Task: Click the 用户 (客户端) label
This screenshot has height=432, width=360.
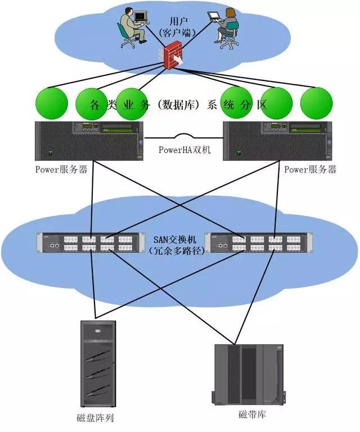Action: (x=175, y=24)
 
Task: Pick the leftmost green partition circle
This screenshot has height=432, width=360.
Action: (x=52, y=103)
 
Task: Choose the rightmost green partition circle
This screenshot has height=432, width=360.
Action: (x=316, y=103)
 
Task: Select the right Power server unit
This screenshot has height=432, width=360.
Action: (x=274, y=141)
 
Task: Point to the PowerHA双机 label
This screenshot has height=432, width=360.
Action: (x=180, y=150)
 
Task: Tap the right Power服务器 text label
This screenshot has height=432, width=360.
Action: (x=310, y=169)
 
